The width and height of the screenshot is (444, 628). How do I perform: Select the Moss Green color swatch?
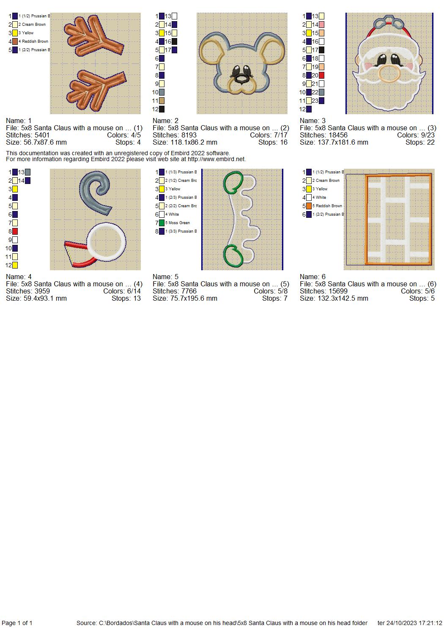[x=162, y=223]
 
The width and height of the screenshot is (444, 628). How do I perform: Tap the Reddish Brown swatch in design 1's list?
[x=15, y=41]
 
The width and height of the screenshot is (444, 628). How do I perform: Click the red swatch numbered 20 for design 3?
[x=321, y=75]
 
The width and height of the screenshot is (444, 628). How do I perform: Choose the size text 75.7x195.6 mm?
[x=194, y=299]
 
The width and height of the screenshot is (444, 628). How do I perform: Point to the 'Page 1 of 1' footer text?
[x=17, y=623]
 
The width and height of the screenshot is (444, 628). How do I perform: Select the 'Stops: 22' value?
[x=420, y=143]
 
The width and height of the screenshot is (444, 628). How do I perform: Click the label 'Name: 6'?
[x=312, y=277]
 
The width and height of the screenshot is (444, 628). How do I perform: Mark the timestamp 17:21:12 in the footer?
[x=430, y=623]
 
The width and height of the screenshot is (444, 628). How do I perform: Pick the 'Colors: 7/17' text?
[x=269, y=135]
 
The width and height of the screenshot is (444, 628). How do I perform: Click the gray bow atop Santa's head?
[x=389, y=23]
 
